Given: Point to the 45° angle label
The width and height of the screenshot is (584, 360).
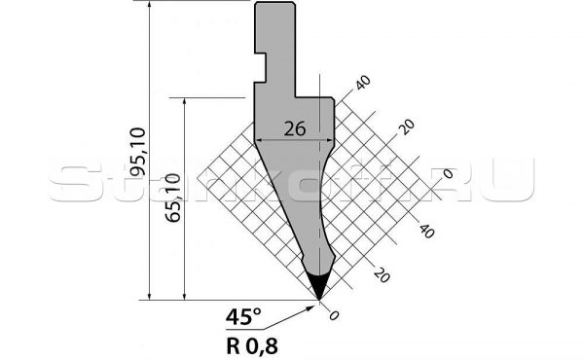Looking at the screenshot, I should click(x=242, y=316).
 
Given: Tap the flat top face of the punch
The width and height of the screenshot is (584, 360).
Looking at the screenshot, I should click(x=274, y=3).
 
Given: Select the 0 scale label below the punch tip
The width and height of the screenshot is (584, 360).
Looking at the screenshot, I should click(x=335, y=314).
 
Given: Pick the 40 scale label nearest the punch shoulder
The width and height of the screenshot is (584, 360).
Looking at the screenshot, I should click(x=364, y=84).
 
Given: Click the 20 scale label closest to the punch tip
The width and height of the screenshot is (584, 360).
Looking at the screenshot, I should click(x=381, y=275).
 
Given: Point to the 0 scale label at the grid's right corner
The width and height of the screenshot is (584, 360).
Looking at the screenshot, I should click(x=448, y=173).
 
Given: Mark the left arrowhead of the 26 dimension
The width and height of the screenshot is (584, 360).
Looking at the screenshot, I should click(x=259, y=139).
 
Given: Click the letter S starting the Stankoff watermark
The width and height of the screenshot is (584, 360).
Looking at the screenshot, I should click(x=67, y=182).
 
